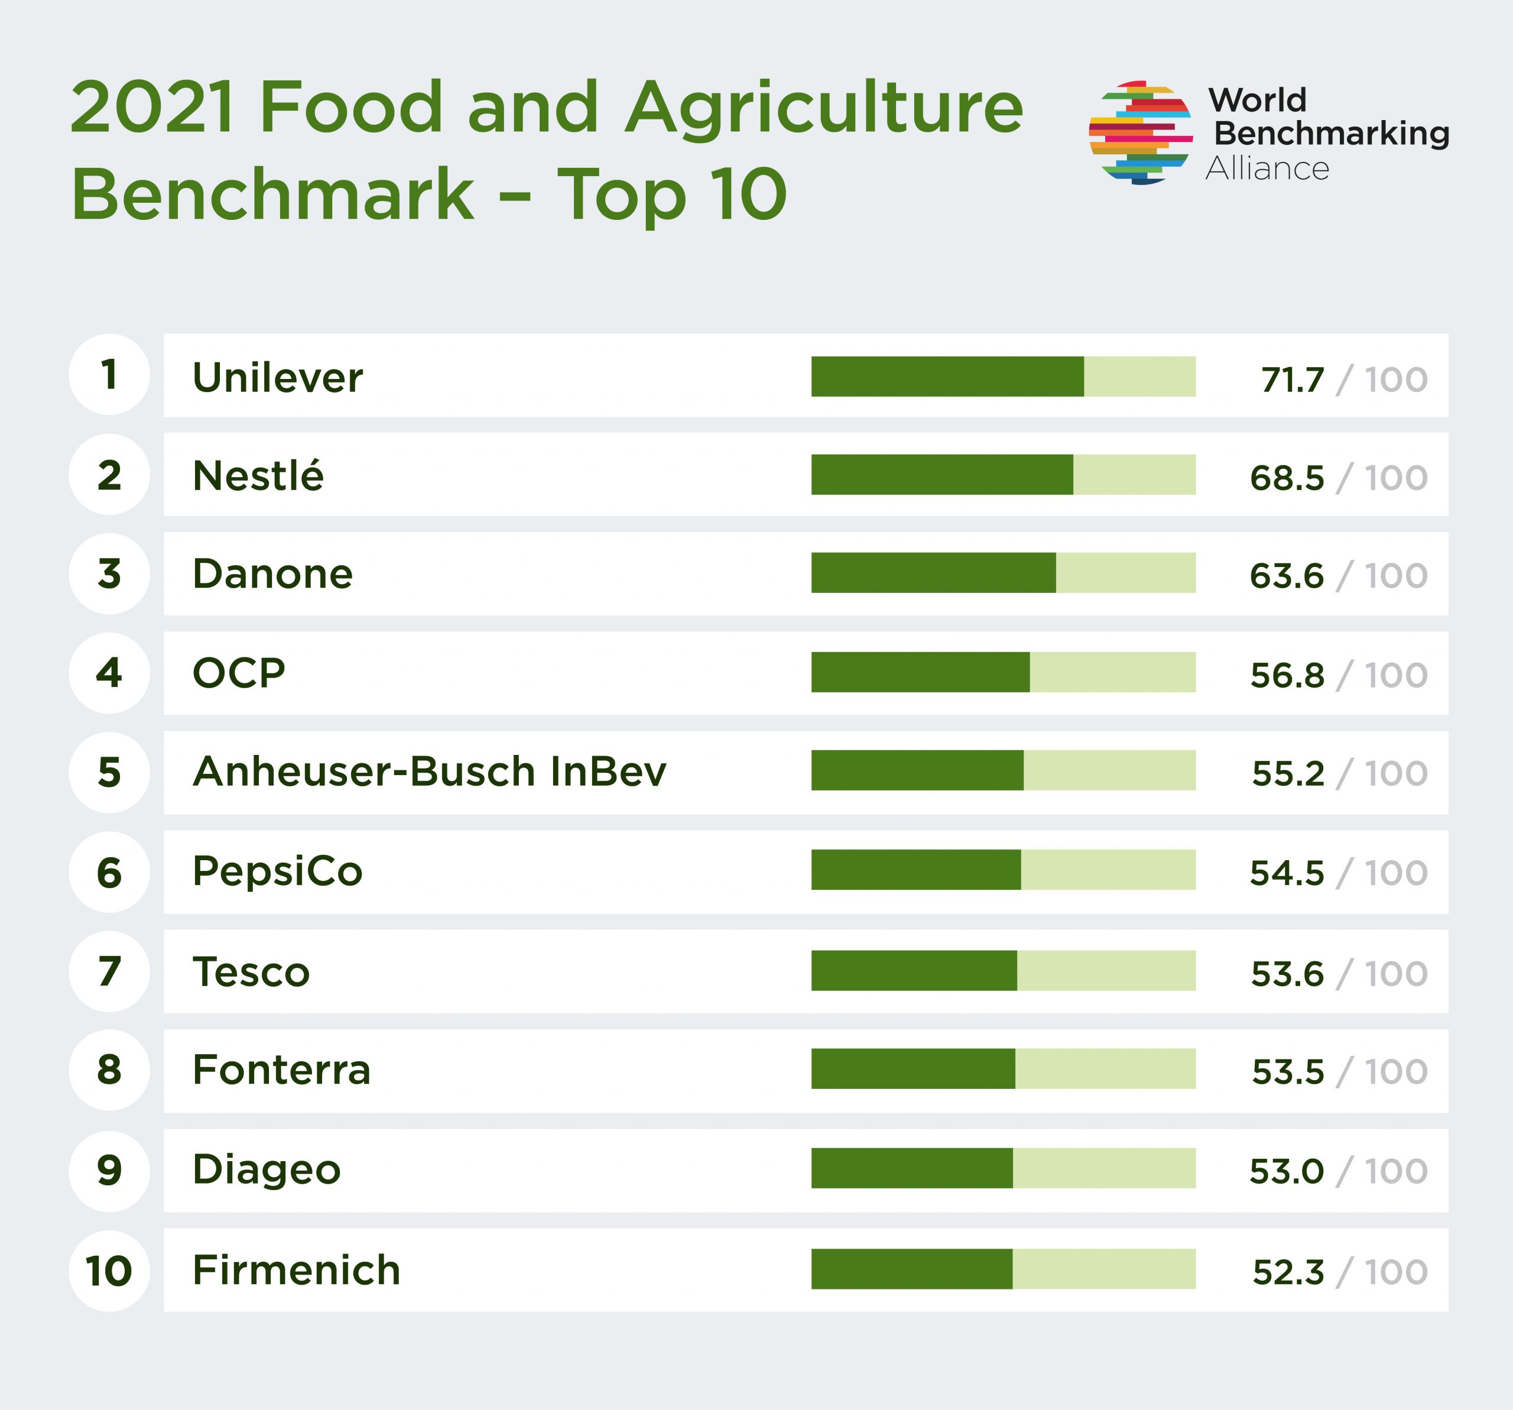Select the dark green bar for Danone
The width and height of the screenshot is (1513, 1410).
pos(933,572)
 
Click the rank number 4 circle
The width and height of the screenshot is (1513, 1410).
pos(109,672)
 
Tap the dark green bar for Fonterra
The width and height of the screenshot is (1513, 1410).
pos(913,1068)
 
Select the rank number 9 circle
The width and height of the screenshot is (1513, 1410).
pos(109,1170)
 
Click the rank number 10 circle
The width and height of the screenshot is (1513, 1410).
pos(109,1270)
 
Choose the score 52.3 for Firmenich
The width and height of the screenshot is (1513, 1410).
pos(1288,1272)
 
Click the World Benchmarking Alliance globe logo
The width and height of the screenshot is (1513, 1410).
pos(1139,133)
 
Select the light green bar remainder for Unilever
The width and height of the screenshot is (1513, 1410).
pos(1139,376)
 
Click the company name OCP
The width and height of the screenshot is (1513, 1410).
pos(238,672)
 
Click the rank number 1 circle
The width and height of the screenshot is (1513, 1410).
pos(109,375)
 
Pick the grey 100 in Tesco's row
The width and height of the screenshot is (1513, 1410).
pos(1396,973)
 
